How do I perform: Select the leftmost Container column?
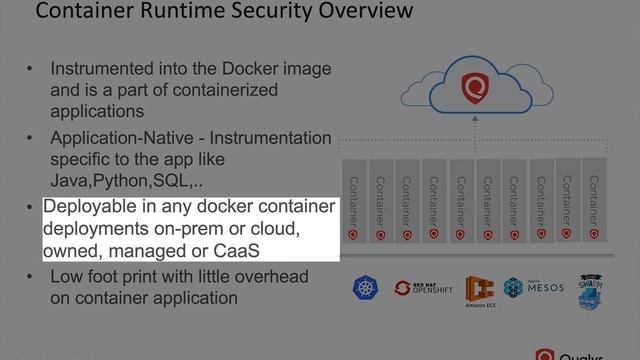coord(353,200)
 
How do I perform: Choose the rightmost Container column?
coord(594,197)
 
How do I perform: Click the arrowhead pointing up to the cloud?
coord(475,121)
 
